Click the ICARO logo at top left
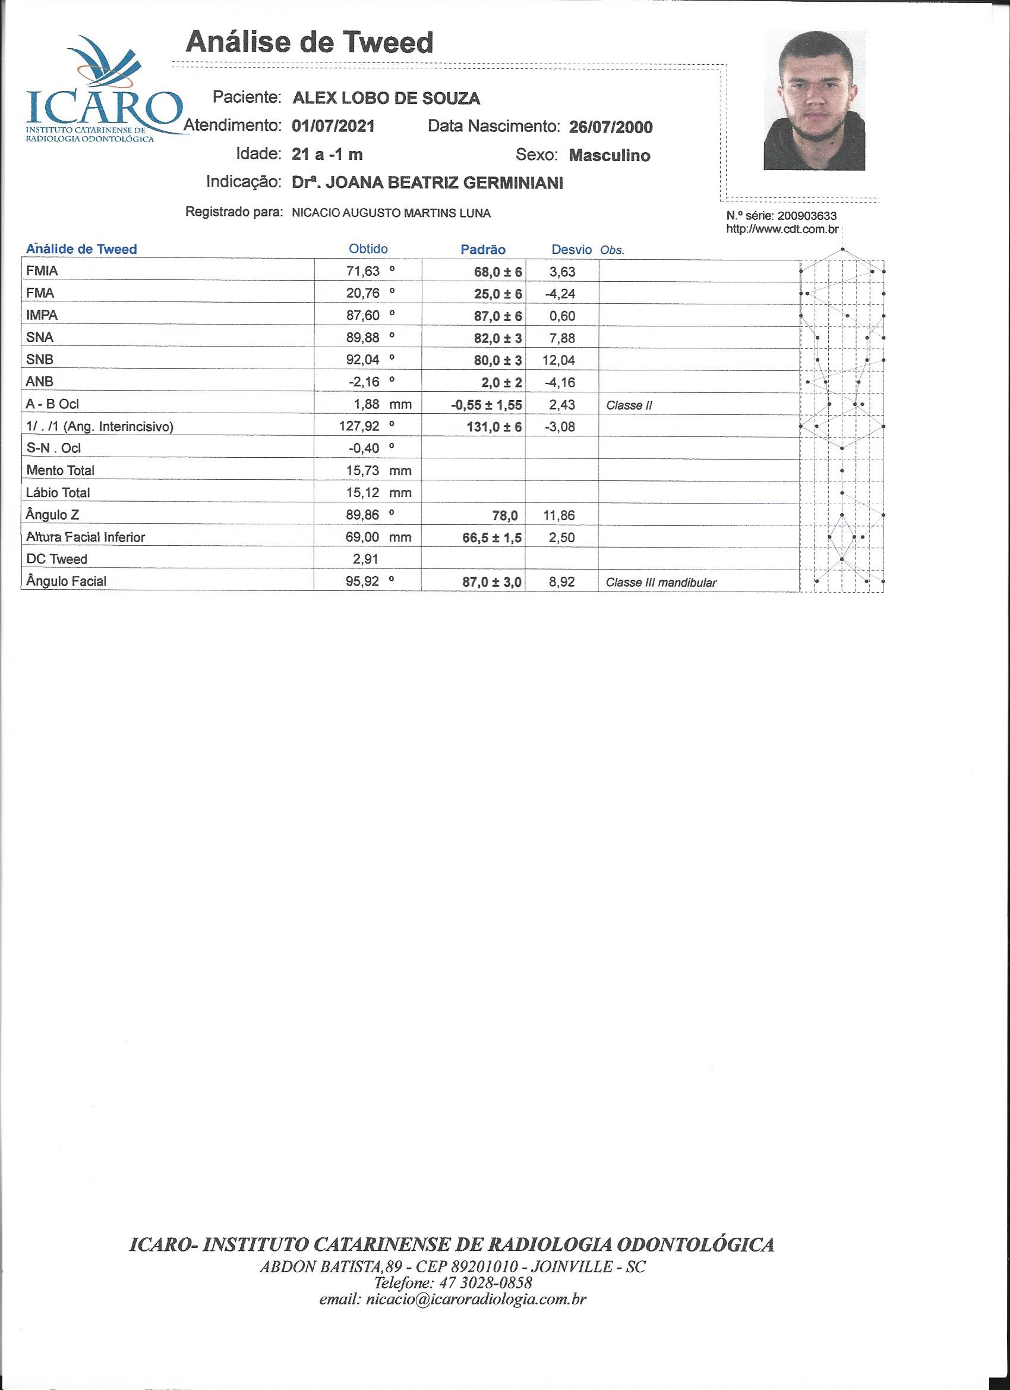click(x=101, y=92)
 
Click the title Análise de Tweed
click(x=310, y=43)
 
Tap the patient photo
click(x=814, y=100)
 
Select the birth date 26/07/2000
click(x=611, y=127)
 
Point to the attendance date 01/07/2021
click(x=333, y=127)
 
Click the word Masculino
click(x=610, y=156)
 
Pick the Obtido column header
click(x=368, y=249)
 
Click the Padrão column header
click(x=482, y=250)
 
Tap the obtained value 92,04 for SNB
click(x=363, y=359)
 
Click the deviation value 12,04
click(x=558, y=360)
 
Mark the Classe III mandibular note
click(x=661, y=582)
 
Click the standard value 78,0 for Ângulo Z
click(x=506, y=515)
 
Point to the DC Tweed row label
click(x=57, y=559)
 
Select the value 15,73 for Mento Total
click(x=363, y=471)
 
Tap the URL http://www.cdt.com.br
click(x=781, y=229)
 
